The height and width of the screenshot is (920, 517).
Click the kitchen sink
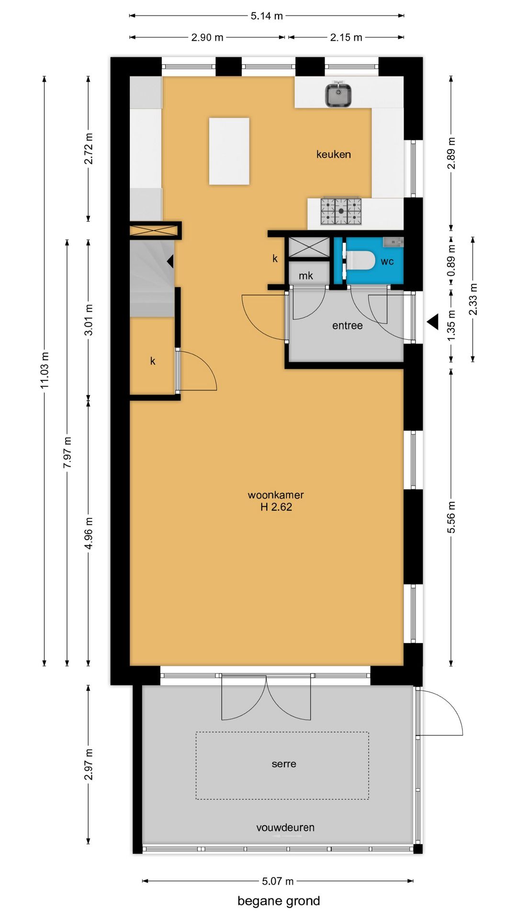pos(338,94)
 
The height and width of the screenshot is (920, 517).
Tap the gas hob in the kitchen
pos(341,211)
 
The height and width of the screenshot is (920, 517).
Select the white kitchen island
pos(229,151)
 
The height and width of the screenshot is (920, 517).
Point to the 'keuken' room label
pos(334,154)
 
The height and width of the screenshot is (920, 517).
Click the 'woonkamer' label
pos(276,495)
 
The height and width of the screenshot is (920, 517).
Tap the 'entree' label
pos(348,326)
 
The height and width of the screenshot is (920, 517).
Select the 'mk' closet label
pos(306,276)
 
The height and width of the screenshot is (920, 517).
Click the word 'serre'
pos(284,764)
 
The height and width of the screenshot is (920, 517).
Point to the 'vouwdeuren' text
pos(285,828)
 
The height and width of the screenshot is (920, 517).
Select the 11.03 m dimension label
pos(45,370)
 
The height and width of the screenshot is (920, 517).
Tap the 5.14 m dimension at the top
pos(267,16)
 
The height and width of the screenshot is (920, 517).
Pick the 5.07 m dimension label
pos(278,881)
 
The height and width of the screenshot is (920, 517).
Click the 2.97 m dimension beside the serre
pos(89,764)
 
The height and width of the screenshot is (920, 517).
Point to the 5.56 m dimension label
pos(451,517)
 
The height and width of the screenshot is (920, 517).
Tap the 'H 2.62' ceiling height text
pos(276,507)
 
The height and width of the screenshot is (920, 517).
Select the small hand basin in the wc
pos(393,242)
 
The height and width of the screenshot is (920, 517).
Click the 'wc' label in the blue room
pos(387,261)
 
